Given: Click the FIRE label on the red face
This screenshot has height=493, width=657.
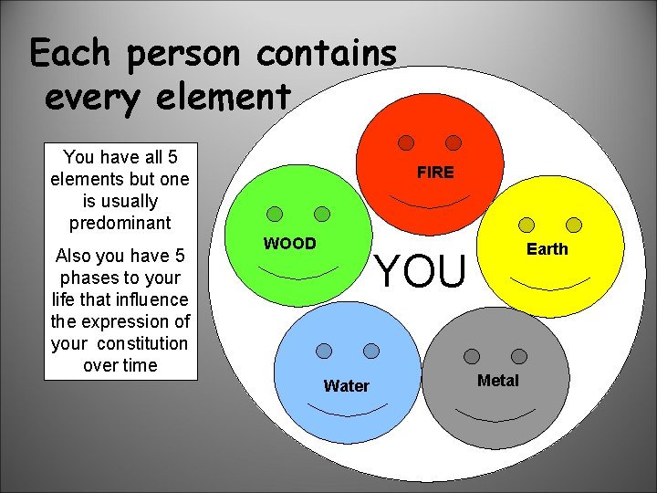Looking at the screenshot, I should [435, 173].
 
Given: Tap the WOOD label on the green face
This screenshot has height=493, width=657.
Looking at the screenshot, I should [289, 244].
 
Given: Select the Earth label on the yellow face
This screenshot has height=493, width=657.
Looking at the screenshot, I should [547, 249].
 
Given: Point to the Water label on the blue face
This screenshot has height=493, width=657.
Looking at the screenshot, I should [347, 386].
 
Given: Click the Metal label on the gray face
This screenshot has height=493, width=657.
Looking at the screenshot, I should [498, 381].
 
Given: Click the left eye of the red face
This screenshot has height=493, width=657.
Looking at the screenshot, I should [406, 143].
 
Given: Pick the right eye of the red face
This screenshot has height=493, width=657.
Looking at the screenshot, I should [454, 143].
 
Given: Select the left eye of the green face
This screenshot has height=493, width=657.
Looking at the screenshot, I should [275, 215].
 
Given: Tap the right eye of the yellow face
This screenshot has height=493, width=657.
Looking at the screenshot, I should [574, 225].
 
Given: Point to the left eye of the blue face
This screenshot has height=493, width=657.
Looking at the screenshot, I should [324, 351].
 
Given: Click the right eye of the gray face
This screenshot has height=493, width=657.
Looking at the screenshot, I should [519, 356].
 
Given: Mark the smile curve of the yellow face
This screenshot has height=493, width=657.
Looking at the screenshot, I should [550, 281].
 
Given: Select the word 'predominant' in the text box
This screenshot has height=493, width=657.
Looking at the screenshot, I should [119, 223].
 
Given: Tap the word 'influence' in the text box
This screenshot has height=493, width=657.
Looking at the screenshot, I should [152, 299].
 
